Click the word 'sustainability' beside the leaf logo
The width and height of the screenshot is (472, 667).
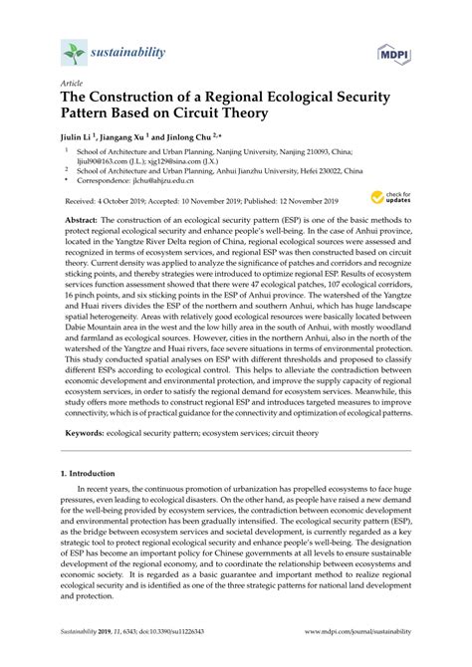point(128,47)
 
